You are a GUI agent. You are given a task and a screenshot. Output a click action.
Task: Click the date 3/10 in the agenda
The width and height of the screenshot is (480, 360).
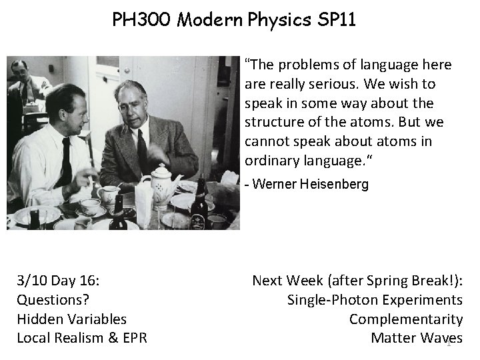click(31, 281)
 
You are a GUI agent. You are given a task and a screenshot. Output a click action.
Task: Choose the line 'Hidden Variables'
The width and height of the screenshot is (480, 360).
click(71, 319)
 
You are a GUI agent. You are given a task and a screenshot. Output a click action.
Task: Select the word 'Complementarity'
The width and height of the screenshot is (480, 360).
click(405, 319)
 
